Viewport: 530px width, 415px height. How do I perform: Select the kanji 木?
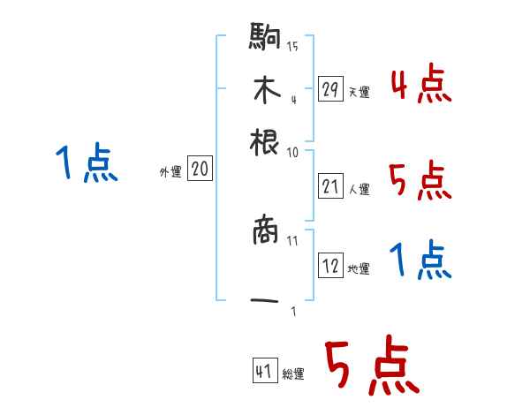coord(265,90)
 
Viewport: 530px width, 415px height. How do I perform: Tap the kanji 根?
coord(265,141)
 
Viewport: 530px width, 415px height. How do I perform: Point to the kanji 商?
coord(265,231)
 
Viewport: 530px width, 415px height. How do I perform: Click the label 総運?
coord(293,373)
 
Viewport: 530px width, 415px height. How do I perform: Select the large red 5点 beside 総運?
coord(371,366)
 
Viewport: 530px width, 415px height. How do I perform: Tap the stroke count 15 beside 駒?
coord(292,46)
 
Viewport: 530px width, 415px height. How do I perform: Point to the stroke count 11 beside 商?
coord(292,240)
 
